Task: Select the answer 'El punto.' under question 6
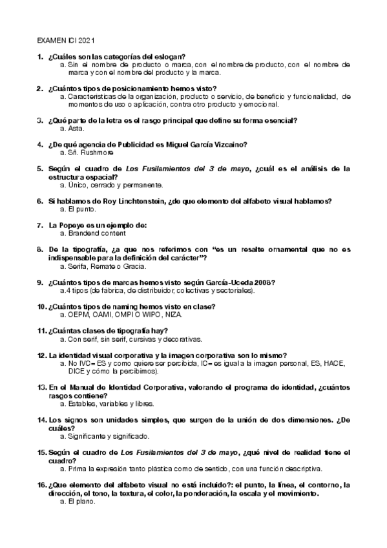(77, 209)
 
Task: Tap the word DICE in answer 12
(77, 372)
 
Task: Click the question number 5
(41, 168)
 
